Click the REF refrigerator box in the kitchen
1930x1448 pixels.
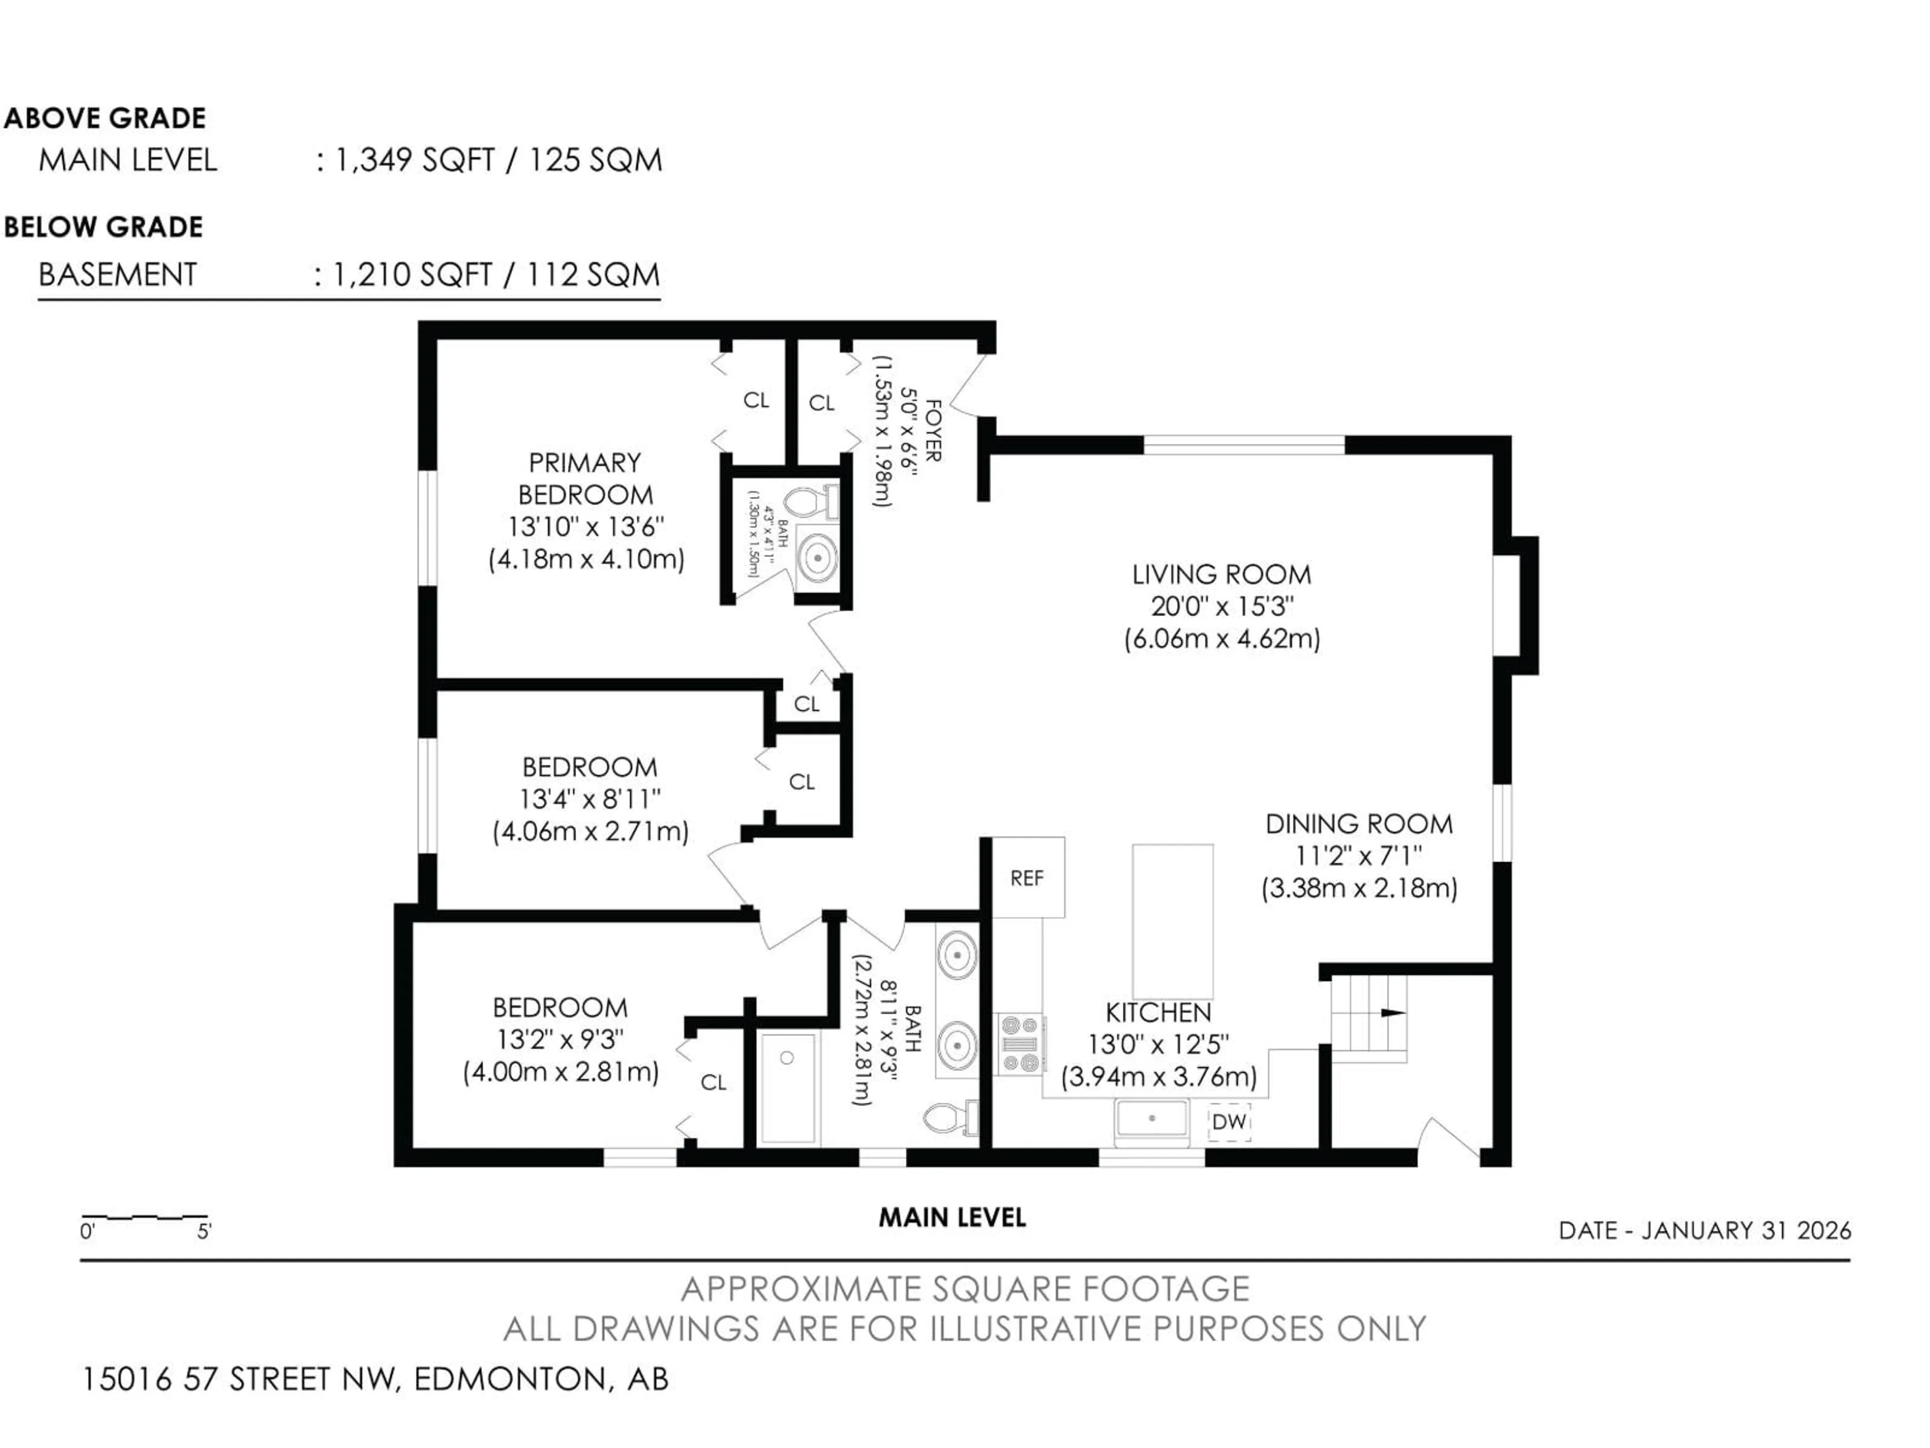click(1027, 877)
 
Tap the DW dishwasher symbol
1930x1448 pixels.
click(1228, 1122)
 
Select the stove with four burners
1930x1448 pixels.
click(1020, 1044)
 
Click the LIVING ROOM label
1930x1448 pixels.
click(1221, 574)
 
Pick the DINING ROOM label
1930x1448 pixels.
click(1359, 824)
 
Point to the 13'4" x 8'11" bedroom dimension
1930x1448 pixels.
click(590, 798)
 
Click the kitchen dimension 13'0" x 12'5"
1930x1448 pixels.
click(1158, 1044)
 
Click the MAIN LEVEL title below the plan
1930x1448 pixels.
click(952, 1218)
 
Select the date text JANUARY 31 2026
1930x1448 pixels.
click(1746, 1231)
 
